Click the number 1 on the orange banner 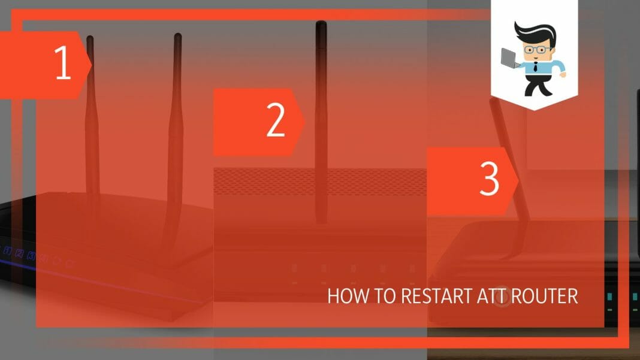(63, 65)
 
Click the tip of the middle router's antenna (321, 25)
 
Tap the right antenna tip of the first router (177, 38)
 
